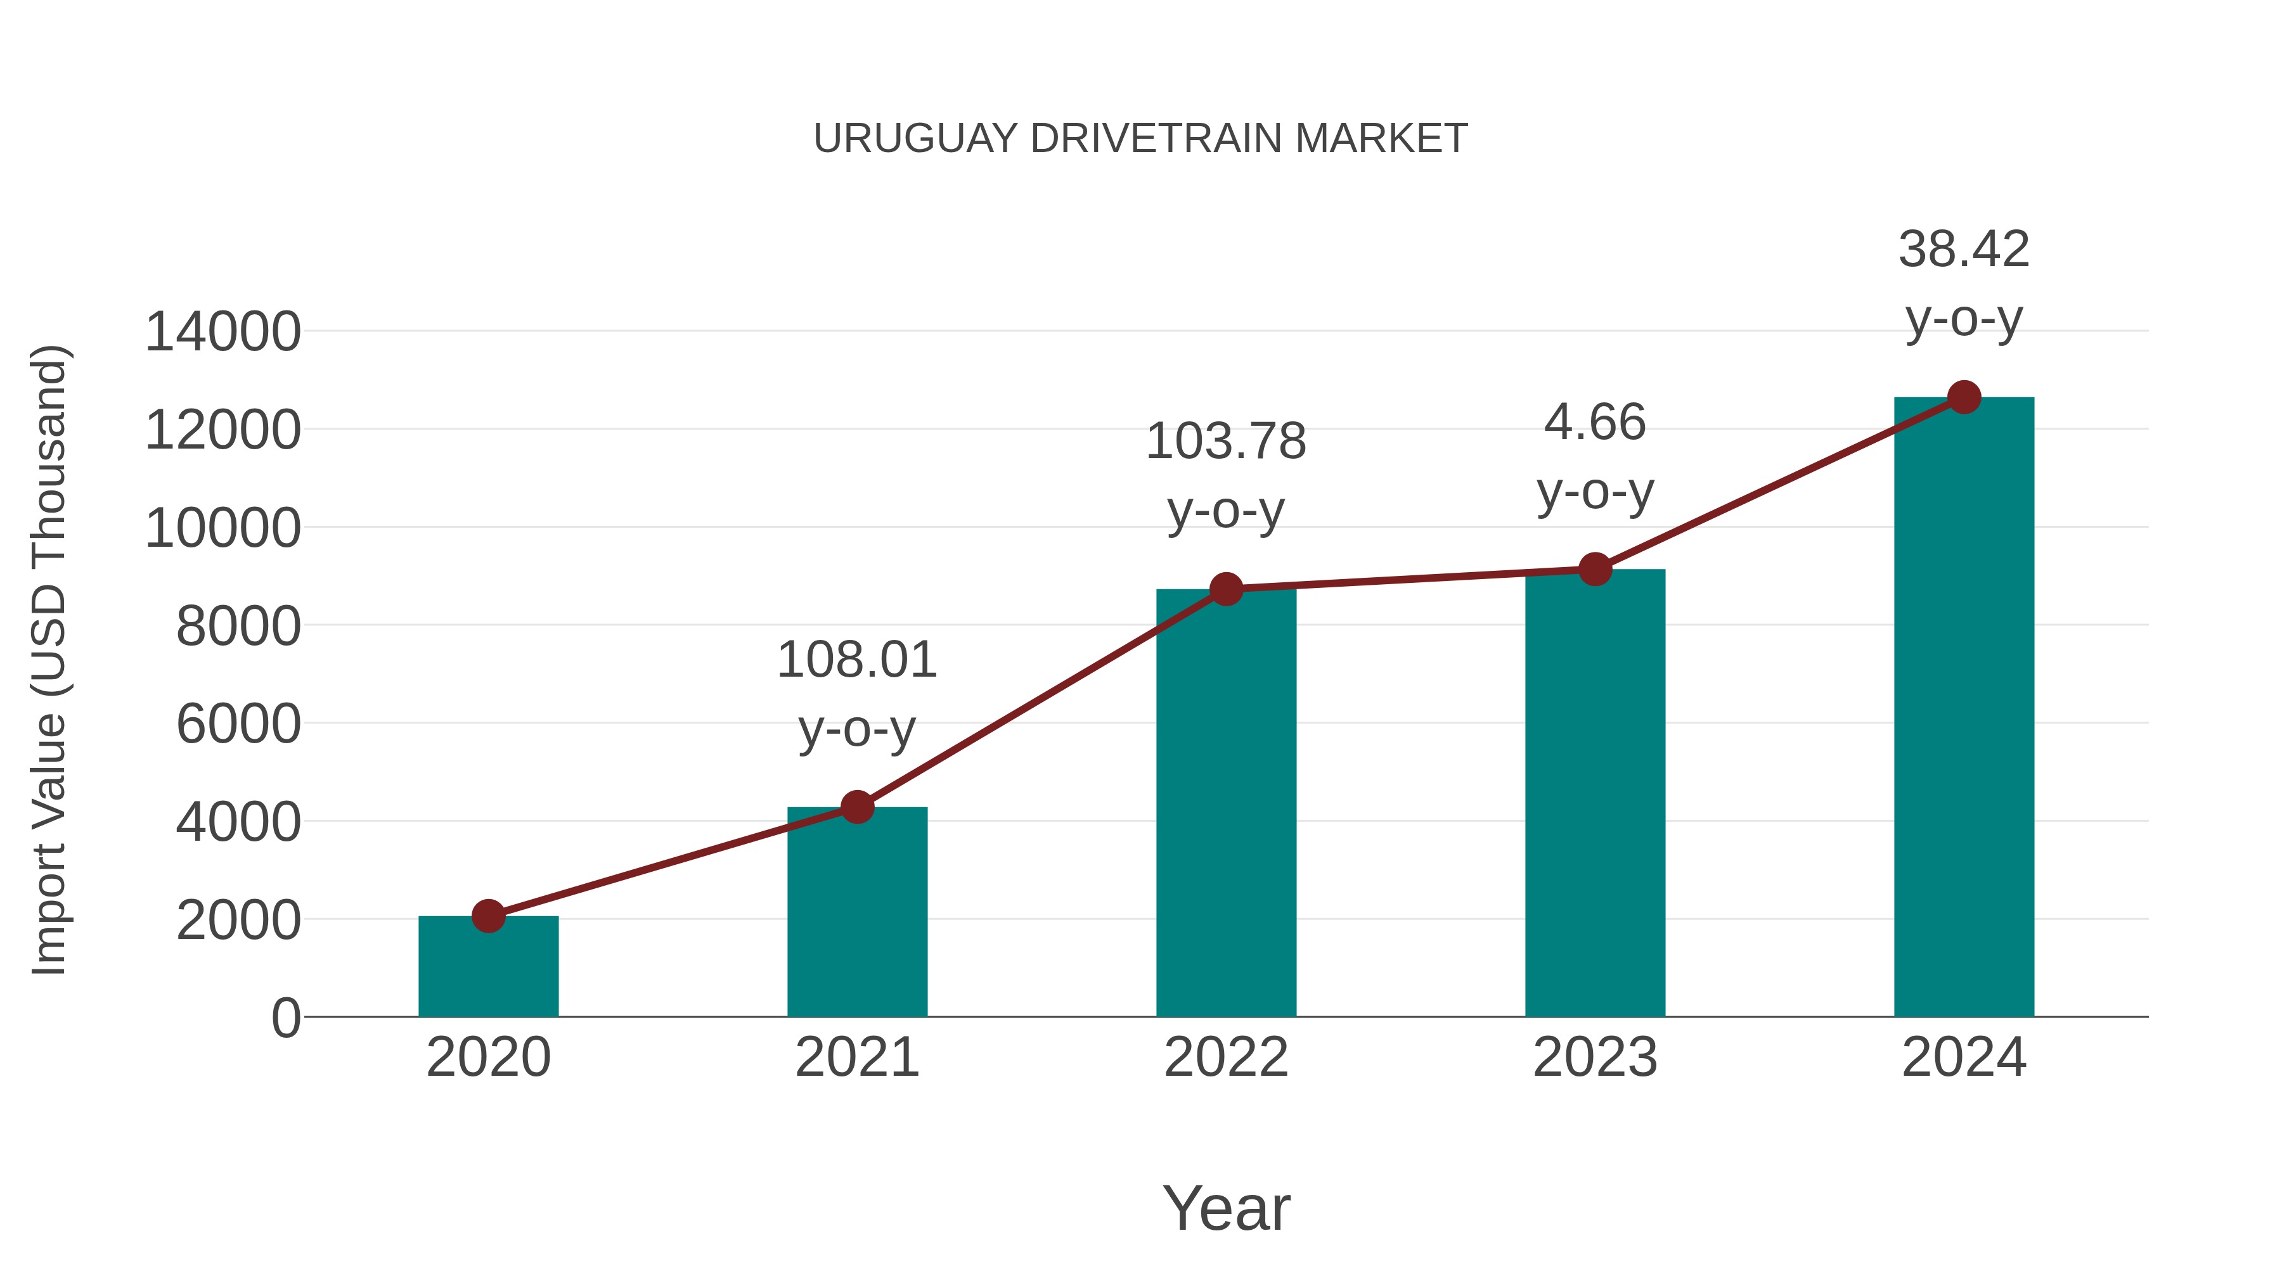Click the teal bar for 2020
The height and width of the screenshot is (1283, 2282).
click(x=488, y=969)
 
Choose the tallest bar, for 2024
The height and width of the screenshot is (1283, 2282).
click(x=1964, y=708)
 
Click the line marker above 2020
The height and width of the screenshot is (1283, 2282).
click(x=488, y=916)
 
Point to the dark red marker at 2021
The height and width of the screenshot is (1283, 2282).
click(x=856, y=807)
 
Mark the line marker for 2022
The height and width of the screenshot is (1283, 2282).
click(x=1226, y=589)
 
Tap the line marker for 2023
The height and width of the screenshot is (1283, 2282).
click(x=1595, y=570)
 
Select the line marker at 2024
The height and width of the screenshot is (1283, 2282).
click(x=1964, y=397)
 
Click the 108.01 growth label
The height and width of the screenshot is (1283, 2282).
click(x=856, y=661)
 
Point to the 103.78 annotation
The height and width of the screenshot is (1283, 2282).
click(x=1226, y=442)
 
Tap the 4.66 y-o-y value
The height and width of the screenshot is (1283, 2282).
click(x=1595, y=423)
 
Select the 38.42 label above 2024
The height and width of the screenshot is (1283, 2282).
click(x=1964, y=250)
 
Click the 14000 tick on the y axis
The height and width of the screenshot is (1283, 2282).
click(x=223, y=333)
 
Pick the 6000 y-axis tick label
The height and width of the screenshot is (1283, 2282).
click(x=238, y=724)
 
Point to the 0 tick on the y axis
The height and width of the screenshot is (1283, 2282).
click(x=285, y=1018)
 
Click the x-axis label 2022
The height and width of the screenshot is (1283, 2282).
click(x=1226, y=1057)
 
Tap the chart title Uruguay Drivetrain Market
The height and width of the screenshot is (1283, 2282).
click(x=1140, y=139)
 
